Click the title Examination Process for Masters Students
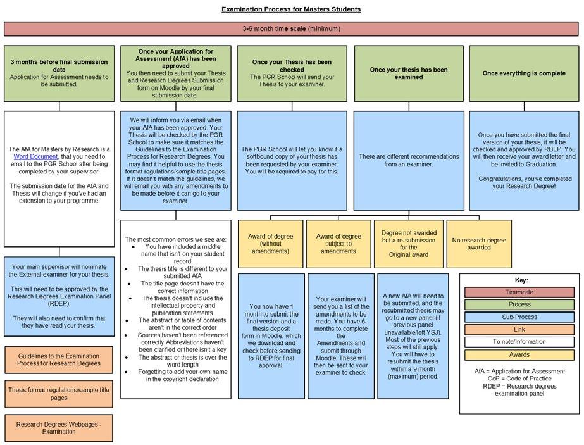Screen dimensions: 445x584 click(291, 9)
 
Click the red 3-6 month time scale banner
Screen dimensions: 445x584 click(291, 29)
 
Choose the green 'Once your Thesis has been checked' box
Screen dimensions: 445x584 click(292, 73)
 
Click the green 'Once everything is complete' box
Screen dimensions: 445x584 click(524, 73)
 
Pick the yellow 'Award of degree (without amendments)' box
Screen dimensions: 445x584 click(271, 243)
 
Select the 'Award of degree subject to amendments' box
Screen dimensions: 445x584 click(339, 243)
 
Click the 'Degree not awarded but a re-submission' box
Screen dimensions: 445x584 click(408, 243)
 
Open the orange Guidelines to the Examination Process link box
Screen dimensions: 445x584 click(59, 360)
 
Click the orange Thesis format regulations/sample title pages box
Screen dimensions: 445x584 click(59, 394)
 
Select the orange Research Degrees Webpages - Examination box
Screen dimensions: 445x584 click(59, 428)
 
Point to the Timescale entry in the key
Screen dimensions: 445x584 click(519, 292)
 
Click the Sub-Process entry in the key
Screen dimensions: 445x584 click(519, 317)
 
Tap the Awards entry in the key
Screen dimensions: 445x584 click(519, 354)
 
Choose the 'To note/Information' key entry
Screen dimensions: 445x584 click(519, 341)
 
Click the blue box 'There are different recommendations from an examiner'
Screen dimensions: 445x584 click(408, 161)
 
